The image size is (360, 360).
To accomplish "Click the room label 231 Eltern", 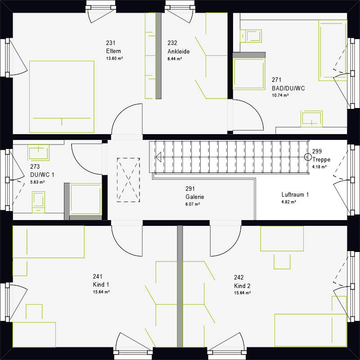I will pos(113,47).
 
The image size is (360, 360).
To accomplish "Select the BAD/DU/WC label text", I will pos(288,88).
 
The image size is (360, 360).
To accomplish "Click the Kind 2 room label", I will pos(242,286).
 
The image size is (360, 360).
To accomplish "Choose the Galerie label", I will pos(194,197).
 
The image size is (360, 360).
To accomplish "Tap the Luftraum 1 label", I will pos(295,195).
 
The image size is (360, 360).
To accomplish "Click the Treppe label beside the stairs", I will pos(321,160).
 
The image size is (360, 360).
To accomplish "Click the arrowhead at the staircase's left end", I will pos(158,157).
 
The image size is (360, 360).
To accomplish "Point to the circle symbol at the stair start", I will pos(308,157).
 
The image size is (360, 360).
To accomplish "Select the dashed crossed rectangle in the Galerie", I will pos(128,180).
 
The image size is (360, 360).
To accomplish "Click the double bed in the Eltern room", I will pos(62,96).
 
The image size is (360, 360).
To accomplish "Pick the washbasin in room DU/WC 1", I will pos(38,152).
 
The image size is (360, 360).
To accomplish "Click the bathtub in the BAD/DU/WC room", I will pos(333,50).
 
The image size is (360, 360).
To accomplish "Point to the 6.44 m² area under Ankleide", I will pos(175,58).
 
